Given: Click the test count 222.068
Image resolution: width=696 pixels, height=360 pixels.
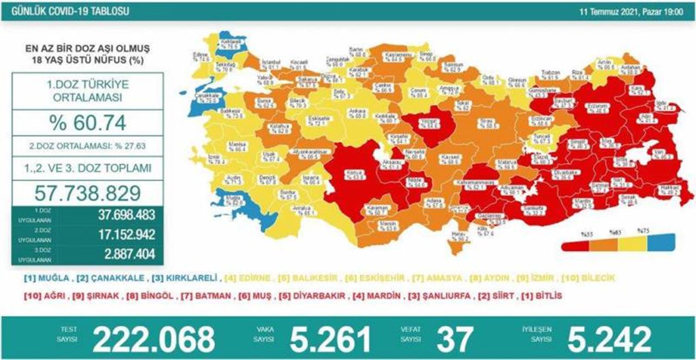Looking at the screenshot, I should pos(153,338).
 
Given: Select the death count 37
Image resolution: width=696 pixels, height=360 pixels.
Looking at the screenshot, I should pos(455,338).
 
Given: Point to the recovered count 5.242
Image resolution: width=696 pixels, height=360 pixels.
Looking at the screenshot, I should pos(609,338).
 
